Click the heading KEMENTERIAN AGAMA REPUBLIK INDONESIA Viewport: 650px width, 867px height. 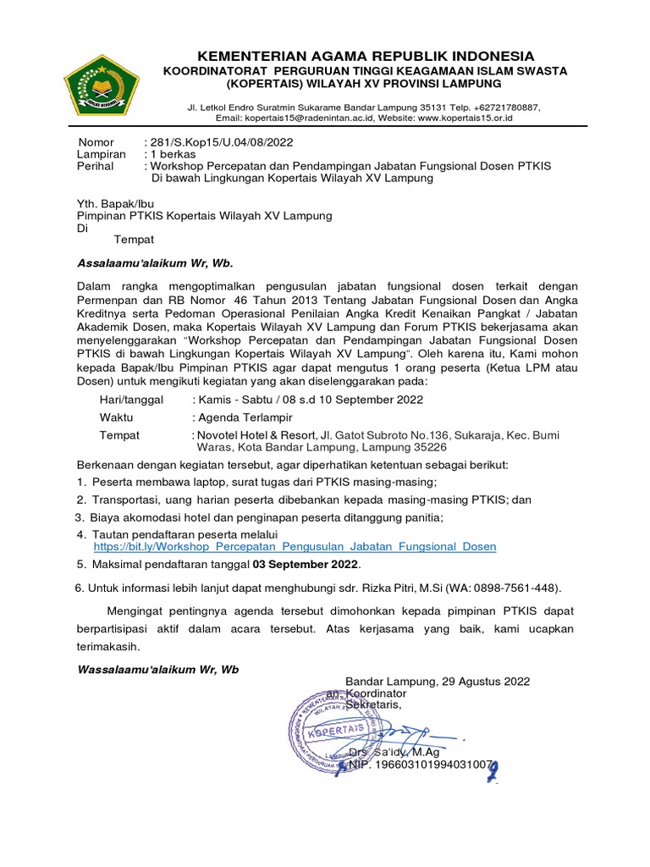coord(366,56)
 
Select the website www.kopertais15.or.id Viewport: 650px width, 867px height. coord(465,119)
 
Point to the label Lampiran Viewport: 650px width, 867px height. coord(102,155)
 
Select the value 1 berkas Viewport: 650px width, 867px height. coord(173,155)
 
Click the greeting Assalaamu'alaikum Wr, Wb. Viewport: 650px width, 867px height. coord(153,262)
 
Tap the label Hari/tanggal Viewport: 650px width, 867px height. coord(131,400)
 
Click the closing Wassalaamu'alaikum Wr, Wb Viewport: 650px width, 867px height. coord(158,669)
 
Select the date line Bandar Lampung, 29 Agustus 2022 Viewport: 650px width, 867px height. coord(438,681)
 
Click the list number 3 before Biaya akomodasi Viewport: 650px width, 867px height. coord(79,516)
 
